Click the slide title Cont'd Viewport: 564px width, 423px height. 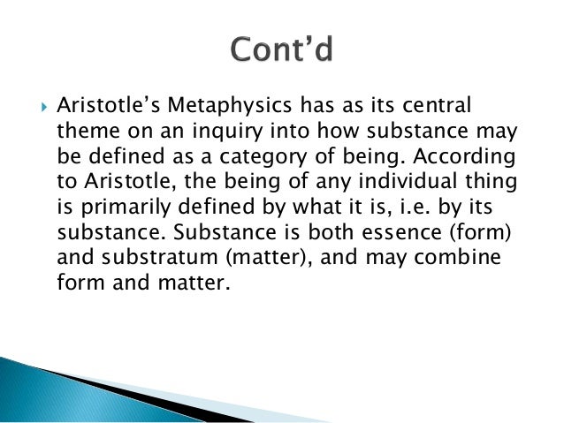tap(281, 49)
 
